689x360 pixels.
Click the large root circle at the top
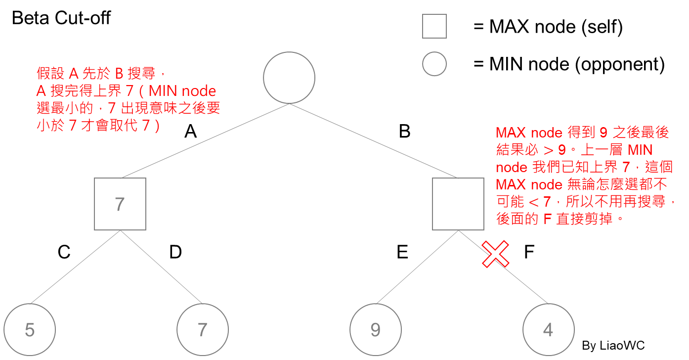(289, 78)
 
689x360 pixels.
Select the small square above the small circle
(434, 26)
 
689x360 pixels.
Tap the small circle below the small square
(434, 64)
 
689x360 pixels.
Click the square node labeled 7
(120, 204)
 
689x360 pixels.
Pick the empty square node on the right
(458, 204)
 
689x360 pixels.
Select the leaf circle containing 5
(30, 330)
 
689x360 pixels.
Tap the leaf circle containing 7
(203, 330)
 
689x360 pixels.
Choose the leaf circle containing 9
(376, 330)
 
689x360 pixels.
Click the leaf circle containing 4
(549, 330)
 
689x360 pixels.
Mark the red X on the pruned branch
(496, 254)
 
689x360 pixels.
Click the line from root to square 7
(205, 140)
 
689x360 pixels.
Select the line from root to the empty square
(373, 140)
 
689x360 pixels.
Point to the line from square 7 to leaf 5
(76, 267)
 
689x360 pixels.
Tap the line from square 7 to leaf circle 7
(162, 267)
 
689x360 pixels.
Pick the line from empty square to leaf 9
(418, 267)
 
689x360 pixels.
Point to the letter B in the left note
(119, 74)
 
